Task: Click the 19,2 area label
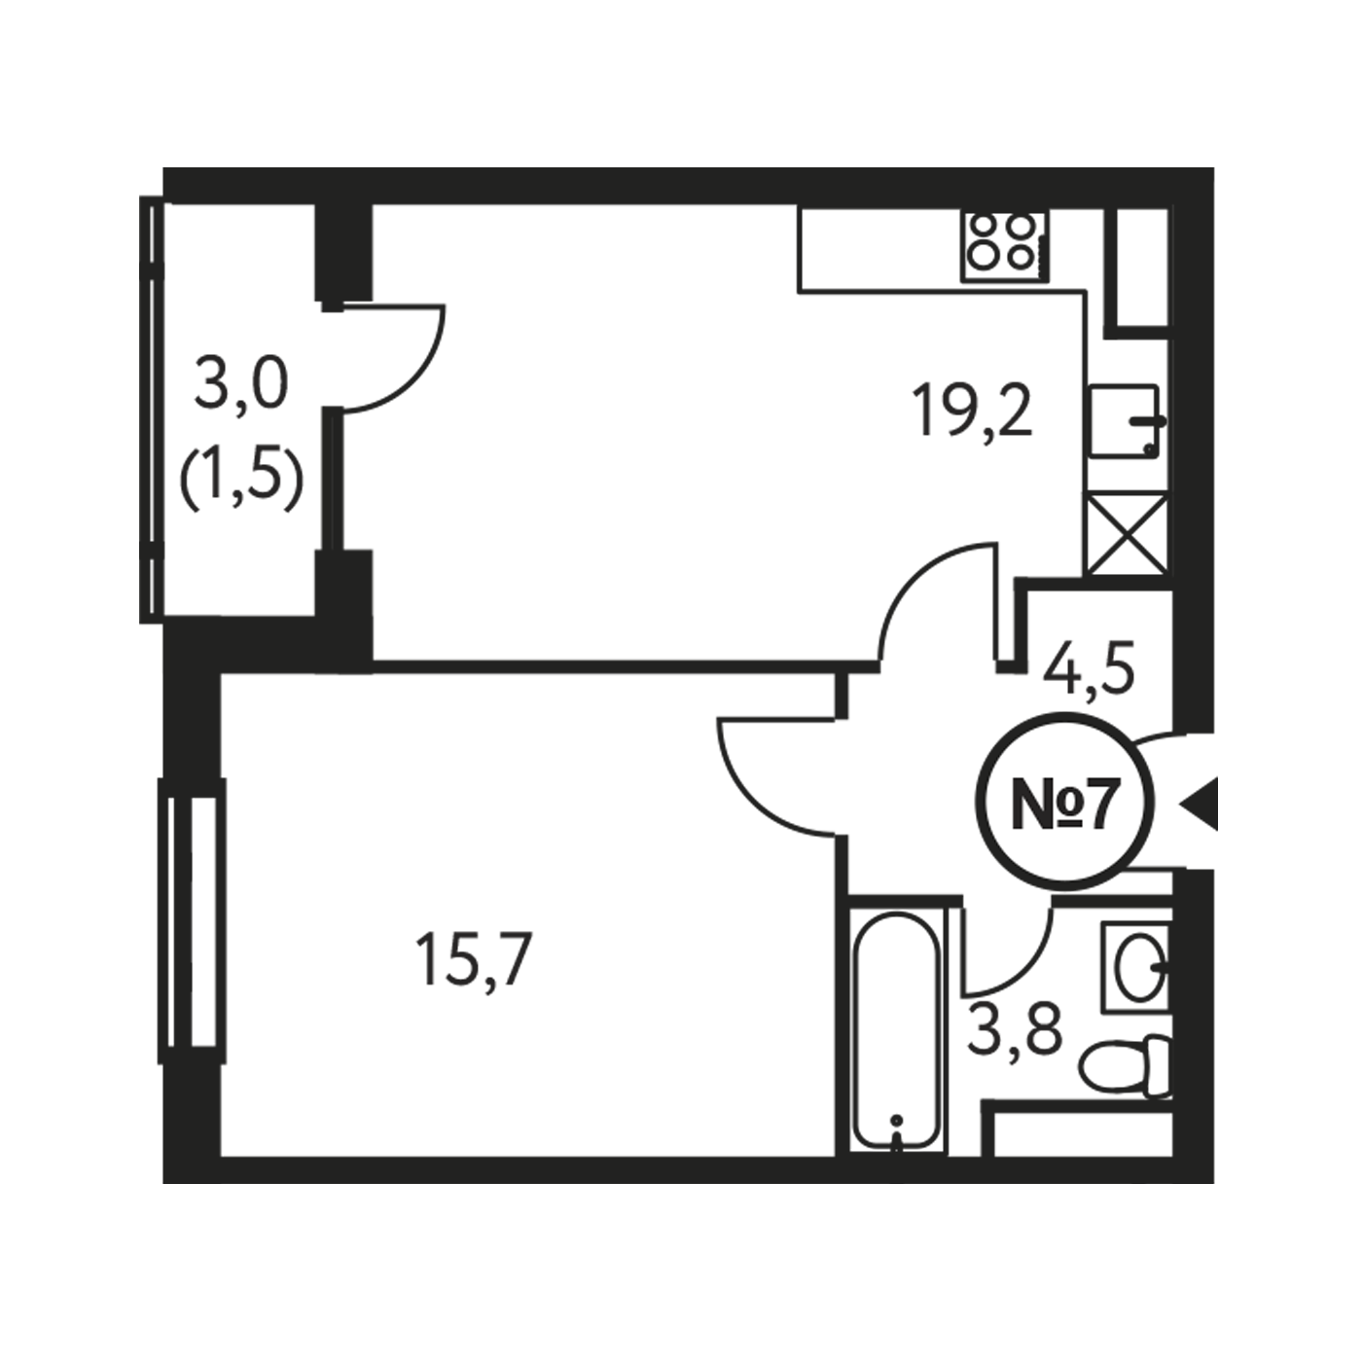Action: click(x=973, y=412)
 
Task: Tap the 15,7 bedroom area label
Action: click(x=473, y=959)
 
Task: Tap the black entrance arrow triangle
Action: click(x=1200, y=803)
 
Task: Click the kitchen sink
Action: click(x=1126, y=421)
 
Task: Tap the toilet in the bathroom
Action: click(x=1126, y=1066)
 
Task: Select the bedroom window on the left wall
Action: click(x=192, y=921)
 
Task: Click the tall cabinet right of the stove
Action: click(x=1141, y=269)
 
